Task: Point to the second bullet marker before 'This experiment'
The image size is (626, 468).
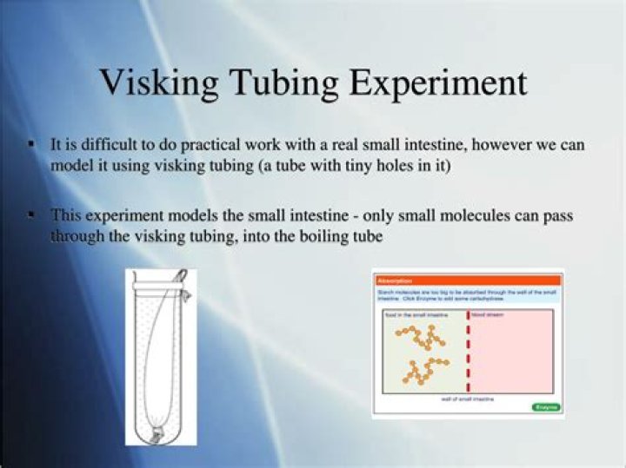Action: tap(32, 214)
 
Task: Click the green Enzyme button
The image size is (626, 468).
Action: tap(545, 406)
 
